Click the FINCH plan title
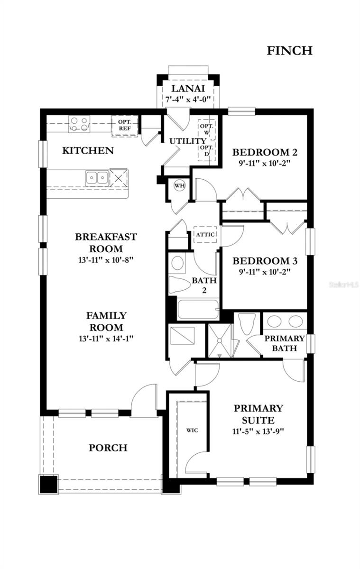(289, 50)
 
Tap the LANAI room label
(187, 89)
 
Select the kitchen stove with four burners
(79, 124)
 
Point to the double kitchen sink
(97, 177)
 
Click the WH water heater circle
(179, 185)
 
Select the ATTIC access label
(205, 234)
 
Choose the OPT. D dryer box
(207, 151)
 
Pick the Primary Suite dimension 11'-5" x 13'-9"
(258, 431)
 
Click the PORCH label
(108, 448)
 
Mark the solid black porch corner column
(47, 484)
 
